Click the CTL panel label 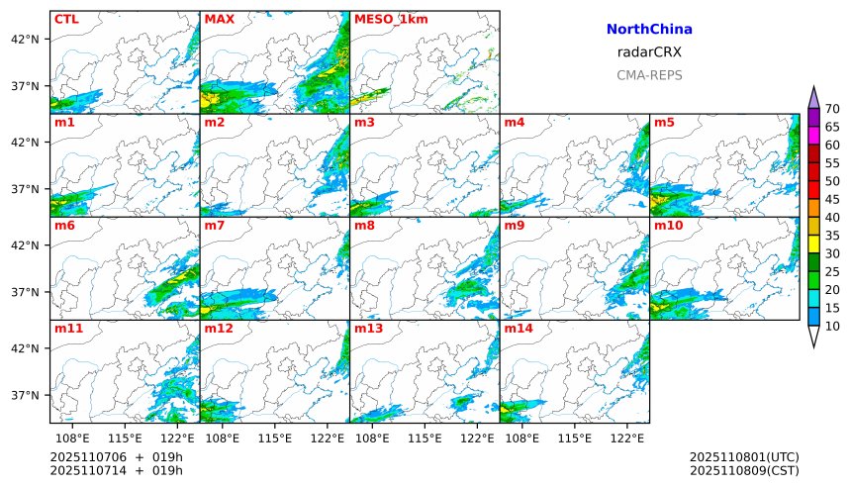coord(65,19)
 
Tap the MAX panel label coord(218,19)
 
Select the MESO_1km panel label coord(391,19)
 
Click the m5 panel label coord(663,123)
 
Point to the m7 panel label coord(215,226)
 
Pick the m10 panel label coord(668,226)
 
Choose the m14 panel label coord(519,328)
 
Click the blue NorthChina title coord(649,31)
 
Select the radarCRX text coord(649,52)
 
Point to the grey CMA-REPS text coord(649,75)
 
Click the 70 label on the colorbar coord(832,109)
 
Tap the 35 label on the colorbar coord(832,236)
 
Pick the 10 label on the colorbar coord(832,326)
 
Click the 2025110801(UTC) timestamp coord(744,456)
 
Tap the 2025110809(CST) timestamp coord(744,470)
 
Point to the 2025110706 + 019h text coord(117,456)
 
